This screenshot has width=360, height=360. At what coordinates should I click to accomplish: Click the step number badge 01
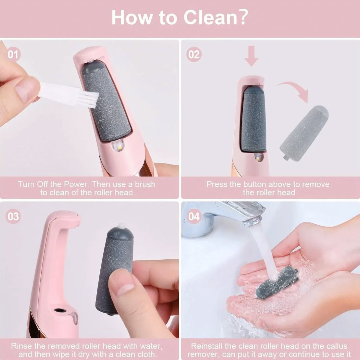coord(13,54)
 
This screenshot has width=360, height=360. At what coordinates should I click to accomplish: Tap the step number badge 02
coord(194,54)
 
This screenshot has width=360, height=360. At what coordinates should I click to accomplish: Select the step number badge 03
coord(13,216)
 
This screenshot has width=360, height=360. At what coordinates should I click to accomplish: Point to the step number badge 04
coord(194,216)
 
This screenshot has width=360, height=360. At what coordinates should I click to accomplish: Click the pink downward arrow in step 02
coord(251,56)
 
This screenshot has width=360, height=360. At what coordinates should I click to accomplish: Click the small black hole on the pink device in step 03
coord(60,310)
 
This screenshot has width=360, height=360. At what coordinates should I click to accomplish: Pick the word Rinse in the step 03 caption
coord(21,346)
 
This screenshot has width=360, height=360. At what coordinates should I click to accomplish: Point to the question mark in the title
coord(242,17)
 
